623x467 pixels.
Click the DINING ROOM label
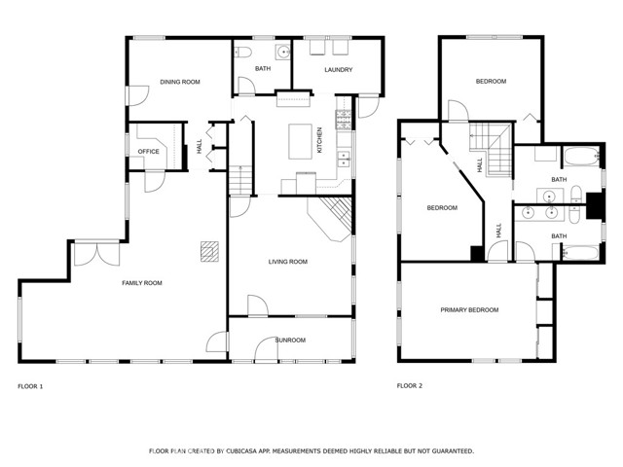pyautogui.click(x=180, y=83)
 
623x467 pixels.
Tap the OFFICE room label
pyautogui.click(x=148, y=152)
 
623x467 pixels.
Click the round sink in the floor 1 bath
pyautogui.click(x=283, y=53)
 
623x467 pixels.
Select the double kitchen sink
pyautogui.click(x=343, y=159)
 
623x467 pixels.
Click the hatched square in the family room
pyautogui.click(x=209, y=251)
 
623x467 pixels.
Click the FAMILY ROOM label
pyautogui.click(x=141, y=283)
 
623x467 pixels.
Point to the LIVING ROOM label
pyautogui.click(x=288, y=262)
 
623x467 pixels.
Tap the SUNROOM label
pyautogui.click(x=290, y=341)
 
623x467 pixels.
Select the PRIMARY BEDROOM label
pyautogui.click(x=469, y=310)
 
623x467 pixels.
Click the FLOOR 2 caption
pyautogui.click(x=409, y=386)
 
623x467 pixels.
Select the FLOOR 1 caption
pyautogui.click(x=30, y=386)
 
